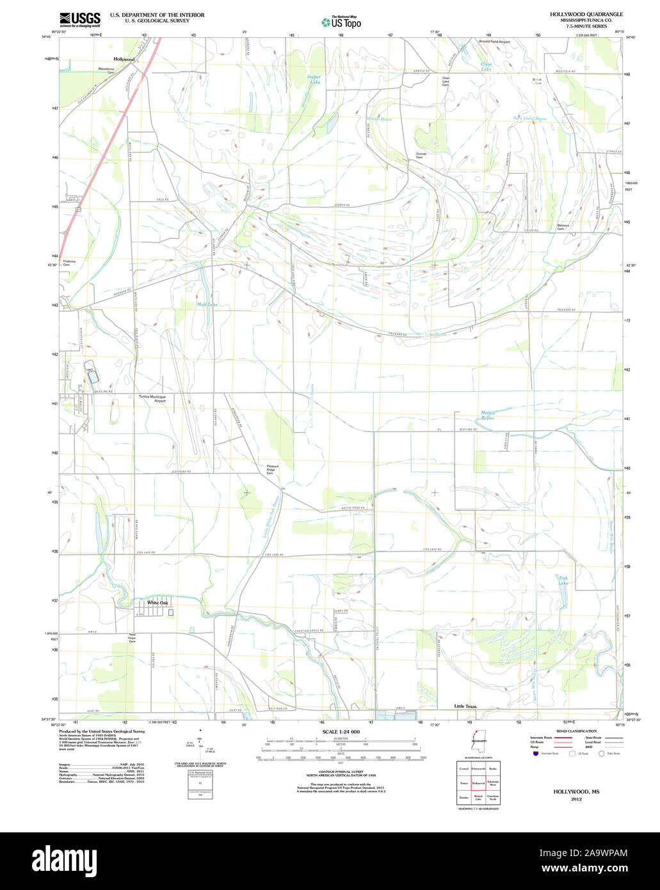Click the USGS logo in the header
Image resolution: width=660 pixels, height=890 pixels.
coord(80,20)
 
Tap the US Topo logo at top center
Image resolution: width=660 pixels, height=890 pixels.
coord(341,22)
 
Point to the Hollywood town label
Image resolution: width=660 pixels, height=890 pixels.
coord(124,59)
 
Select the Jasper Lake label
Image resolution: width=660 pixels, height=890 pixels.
coord(314,79)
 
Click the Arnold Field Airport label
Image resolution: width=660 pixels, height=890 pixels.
coord(495,41)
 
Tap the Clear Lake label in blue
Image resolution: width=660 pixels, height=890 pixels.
coord(487,66)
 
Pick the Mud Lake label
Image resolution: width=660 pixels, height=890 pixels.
coord(207,304)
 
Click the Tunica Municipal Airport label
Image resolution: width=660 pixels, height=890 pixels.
coord(152,398)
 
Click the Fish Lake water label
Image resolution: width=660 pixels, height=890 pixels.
coord(563,581)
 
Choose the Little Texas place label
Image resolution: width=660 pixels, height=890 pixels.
coord(465,706)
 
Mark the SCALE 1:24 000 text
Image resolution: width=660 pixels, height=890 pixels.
coord(342,732)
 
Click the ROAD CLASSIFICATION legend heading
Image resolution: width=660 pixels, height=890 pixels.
coord(576,731)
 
